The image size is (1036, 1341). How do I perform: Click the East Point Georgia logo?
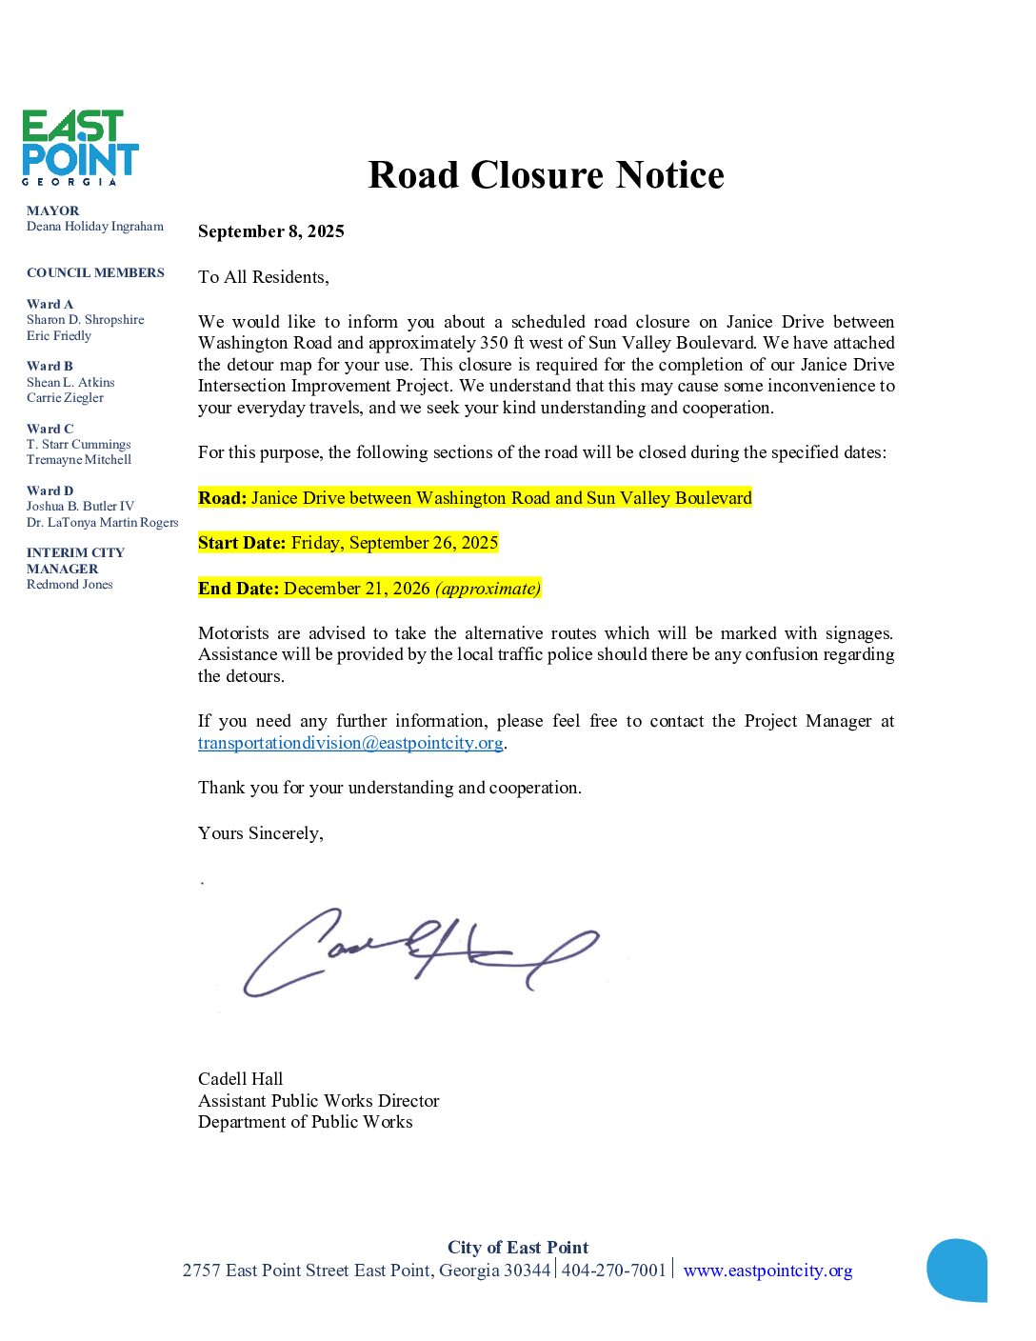coord(80,147)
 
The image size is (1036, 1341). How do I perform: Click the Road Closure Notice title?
coord(546,175)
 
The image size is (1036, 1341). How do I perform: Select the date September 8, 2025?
coord(271,231)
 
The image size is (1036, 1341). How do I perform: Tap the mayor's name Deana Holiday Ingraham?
coord(95,227)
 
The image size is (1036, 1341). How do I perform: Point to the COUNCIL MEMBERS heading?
coord(95,273)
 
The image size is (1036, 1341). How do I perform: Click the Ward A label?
coord(50,305)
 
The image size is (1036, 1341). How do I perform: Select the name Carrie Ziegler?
coord(65,398)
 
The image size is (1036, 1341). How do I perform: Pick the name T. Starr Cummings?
coord(79,445)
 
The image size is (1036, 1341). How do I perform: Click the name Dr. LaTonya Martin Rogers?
coord(103,523)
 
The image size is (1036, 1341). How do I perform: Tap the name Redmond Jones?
coord(70,585)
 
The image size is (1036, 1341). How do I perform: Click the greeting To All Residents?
coord(264,277)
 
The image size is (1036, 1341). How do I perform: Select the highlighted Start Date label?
coord(242,543)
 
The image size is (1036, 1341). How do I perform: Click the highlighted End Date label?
coord(239,589)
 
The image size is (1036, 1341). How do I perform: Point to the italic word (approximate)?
coord(488,589)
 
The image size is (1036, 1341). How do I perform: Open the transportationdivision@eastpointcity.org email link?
coord(350,743)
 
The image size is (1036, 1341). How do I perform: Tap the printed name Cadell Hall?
coord(241,1079)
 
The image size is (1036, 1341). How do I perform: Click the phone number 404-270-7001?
coord(614,1271)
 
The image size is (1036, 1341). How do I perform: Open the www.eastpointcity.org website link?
coord(767,1271)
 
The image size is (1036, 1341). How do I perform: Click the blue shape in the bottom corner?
coord(957,1270)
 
